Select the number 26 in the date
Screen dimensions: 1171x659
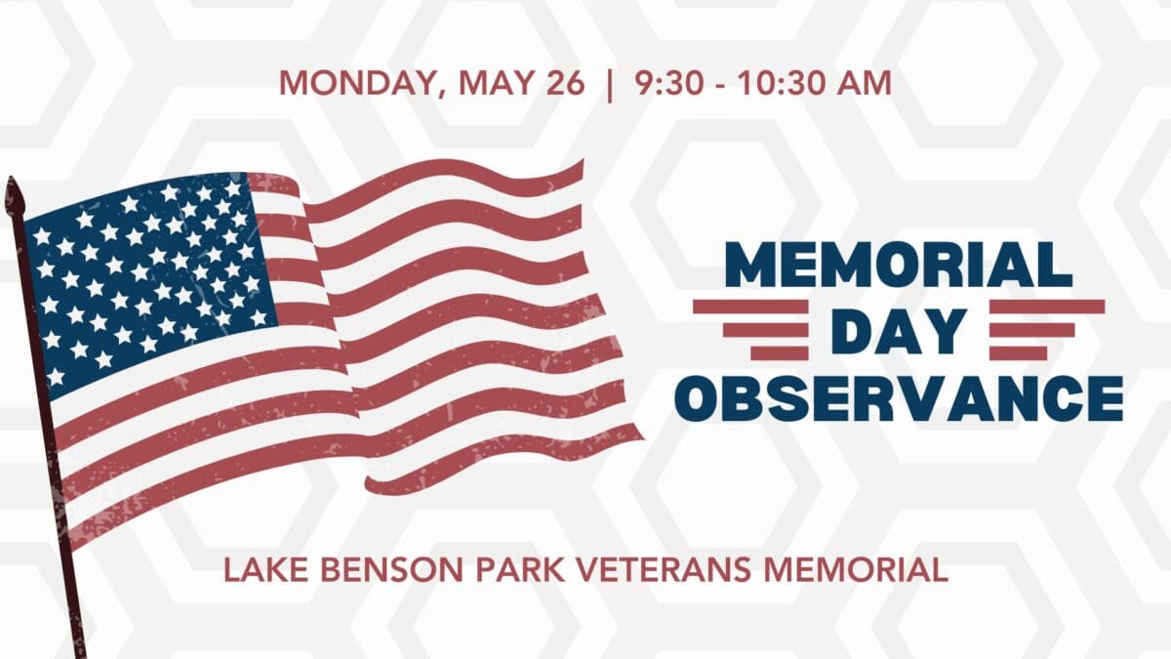click(x=566, y=83)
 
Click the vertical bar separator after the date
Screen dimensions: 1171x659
click(x=609, y=85)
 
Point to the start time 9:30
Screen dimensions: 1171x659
click(x=668, y=83)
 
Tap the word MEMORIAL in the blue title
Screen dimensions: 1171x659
click(x=899, y=265)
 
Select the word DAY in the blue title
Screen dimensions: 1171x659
click(x=899, y=332)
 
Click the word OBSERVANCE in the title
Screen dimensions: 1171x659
click(x=899, y=398)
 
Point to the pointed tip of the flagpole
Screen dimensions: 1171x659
click(x=11, y=178)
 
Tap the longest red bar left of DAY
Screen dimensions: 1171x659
click(x=750, y=307)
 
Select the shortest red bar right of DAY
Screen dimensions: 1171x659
click(x=1018, y=353)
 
